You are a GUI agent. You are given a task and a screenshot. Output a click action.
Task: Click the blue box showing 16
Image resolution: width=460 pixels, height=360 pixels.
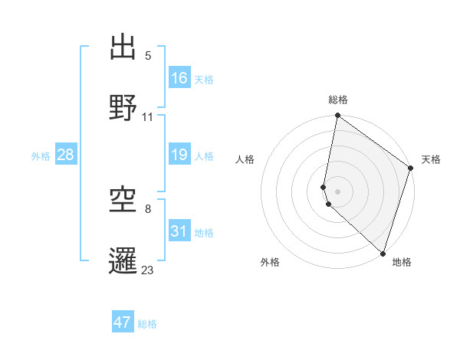pyautogui.click(x=179, y=78)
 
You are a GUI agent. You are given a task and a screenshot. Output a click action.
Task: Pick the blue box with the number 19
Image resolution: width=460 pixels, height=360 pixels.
pyautogui.click(x=179, y=155)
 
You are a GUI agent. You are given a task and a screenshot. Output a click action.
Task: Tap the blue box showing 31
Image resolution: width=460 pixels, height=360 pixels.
pyautogui.click(x=179, y=231)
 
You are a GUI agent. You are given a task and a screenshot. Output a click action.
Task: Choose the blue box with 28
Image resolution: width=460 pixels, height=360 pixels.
pyautogui.click(x=66, y=155)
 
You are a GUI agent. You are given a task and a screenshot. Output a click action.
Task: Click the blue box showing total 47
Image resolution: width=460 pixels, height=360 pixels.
pyautogui.click(x=123, y=322)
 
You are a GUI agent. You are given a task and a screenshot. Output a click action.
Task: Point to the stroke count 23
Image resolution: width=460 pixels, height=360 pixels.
pyautogui.click(x=148, y=270)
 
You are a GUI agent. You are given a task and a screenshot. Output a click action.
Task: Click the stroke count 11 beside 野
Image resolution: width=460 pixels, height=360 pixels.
pyautogui.click(x=148, y=117)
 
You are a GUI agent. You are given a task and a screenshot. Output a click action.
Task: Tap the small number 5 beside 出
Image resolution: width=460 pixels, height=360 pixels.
pyautogui.click(x=148, y=56)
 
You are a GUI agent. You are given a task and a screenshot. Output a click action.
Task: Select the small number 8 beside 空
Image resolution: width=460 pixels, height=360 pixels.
pyautogui.click(x=148, y=208)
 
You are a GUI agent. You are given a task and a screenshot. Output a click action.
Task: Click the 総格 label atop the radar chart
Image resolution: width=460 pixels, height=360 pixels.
pyautogui.click(x=338, y=100)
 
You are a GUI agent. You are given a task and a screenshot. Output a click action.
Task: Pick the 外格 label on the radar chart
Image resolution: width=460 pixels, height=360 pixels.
pyautogui.click(x=270, y=262)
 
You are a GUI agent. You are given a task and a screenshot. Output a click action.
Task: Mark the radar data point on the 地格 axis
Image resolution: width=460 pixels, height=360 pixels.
pyautogui.click(x=383, y=253)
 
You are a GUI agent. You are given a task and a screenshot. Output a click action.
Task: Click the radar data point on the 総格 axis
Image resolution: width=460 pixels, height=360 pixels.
pyautogui.click(x=338, y=116)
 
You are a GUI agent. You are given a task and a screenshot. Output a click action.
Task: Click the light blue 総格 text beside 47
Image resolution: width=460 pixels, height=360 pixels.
pyautogui.click(x=147, y=324)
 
